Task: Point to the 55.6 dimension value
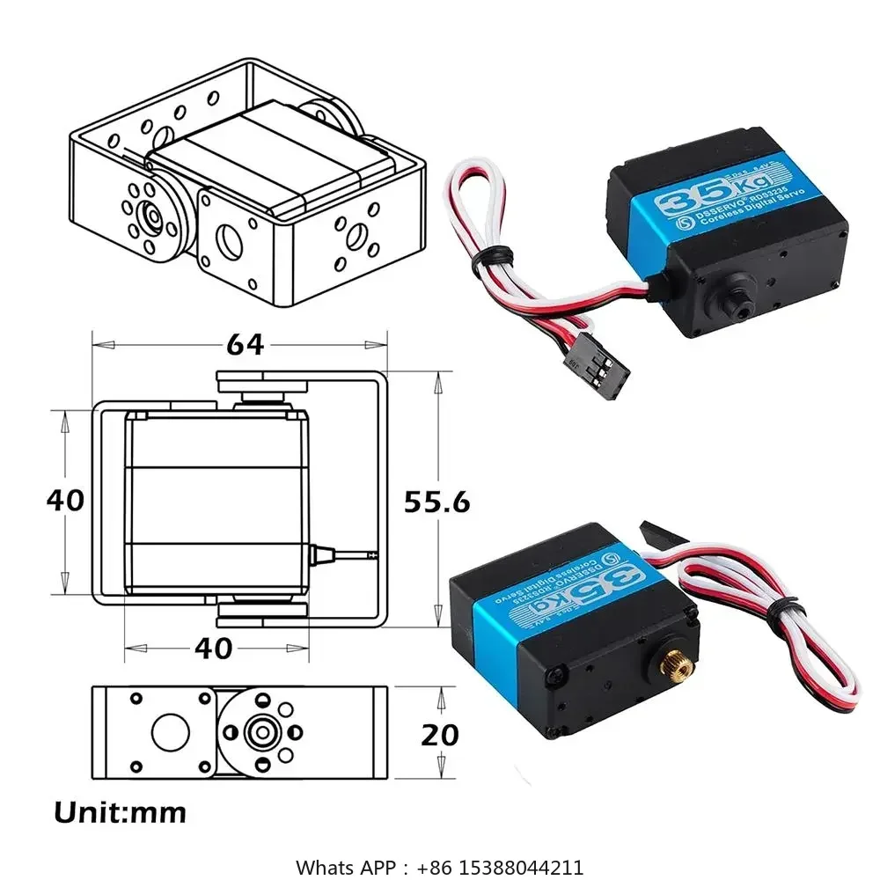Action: pos(436,502)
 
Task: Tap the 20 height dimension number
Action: pos(440,734)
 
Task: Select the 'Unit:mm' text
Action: pos(120,811)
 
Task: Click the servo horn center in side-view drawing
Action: pos(260,730)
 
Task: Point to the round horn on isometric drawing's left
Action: pos(151,216)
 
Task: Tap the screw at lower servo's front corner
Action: pos(555,677)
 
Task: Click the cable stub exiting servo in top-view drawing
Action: pos(343,554)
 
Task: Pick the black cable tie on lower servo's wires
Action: pos(781,607)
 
